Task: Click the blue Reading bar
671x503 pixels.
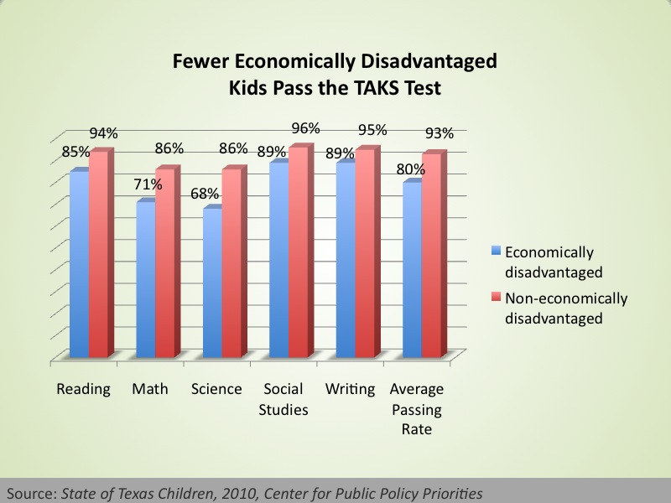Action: [x=80, y=264]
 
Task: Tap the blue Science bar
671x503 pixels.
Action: [x=213, y=283]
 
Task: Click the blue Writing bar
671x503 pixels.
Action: [x=346, y=260]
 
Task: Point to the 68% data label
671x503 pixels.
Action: [x=205, y=194]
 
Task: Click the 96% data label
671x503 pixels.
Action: [x=305, y=128]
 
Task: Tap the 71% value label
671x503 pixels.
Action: [x=148, y=184]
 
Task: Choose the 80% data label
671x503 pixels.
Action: [x=411, y=169]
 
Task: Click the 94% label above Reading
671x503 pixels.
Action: [x=103, y=133]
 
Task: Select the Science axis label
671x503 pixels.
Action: [x=216, y=389]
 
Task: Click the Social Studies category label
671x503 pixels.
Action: [x=283, y=399]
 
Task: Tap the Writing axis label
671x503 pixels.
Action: [x=350, y=389]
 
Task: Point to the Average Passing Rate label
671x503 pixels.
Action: [x=417, y=408]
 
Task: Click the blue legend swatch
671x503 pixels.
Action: [x=497, y=250]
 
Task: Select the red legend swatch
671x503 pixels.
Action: [x=497, y=297]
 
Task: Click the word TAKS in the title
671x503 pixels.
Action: [x=377, y=88]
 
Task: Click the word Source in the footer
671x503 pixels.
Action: [x=32, y=494]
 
